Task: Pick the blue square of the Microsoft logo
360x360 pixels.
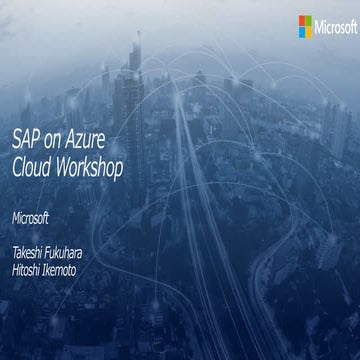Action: click(x=301, y=30)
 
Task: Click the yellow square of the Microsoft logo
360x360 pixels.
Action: click(x=309, y=30)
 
